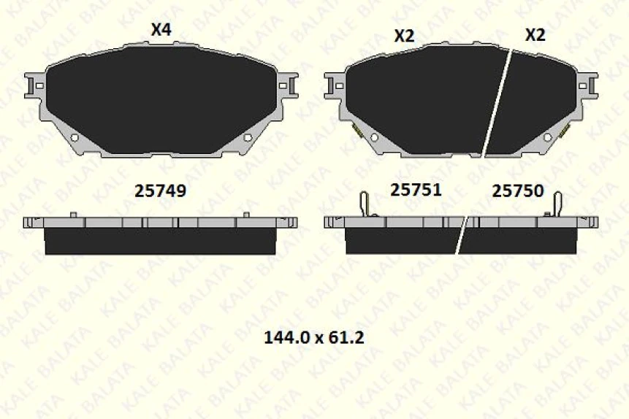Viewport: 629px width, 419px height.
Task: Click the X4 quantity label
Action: click(161, 30)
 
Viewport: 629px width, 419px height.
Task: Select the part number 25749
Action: click(161, 191)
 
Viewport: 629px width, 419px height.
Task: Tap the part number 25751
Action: click(416, 190)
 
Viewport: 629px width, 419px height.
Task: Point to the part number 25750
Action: click(517, 191)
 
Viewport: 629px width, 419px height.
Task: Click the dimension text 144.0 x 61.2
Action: click(313, 337)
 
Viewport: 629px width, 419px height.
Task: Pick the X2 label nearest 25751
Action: click(404, 36)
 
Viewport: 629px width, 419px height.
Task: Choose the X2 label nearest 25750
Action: click(535, 35)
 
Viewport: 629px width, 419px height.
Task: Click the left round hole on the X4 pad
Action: click(74, 137)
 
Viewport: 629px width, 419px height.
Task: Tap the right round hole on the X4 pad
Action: click(247, 137)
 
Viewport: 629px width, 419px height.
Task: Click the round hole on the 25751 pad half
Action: click(374, 137)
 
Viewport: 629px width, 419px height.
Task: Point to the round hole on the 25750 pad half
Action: click(546, 137)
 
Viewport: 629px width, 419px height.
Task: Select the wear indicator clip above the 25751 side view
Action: click(366, 204)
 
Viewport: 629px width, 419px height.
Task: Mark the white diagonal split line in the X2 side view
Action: click(462, 234)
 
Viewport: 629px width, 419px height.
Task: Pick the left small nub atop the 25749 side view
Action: click(74, 214)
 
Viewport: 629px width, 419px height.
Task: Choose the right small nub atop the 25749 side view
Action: click(246, 214)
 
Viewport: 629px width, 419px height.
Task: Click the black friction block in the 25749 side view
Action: click(160, 242)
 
